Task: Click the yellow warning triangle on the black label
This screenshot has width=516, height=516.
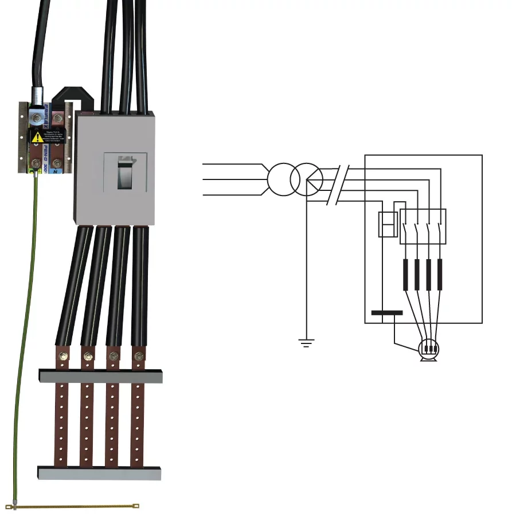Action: click(37, 137)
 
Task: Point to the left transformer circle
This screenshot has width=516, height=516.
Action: click(280, 180)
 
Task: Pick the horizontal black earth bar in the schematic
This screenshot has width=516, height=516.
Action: click(387, 313)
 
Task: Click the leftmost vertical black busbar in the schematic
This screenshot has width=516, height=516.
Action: click(405, 274)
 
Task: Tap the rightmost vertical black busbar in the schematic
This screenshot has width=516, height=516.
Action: click(440, 274)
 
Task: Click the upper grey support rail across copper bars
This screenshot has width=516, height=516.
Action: click(100, 376)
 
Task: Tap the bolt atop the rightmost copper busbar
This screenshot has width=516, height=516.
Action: click(138, 357)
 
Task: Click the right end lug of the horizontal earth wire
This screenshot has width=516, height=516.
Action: click(136, 505)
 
